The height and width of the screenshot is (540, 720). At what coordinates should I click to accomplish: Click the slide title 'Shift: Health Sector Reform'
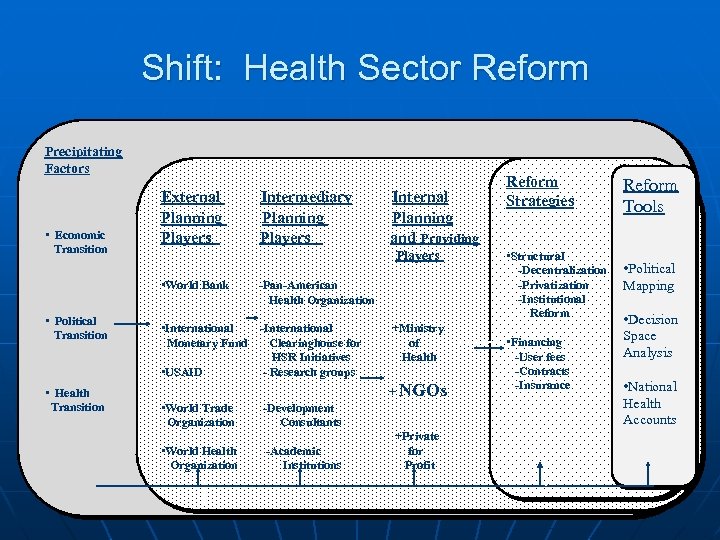click(365, 68)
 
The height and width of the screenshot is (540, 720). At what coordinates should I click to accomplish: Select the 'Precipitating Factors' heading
click(83, 160)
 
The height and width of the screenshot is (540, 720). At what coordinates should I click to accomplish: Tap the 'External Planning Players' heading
click(191, 217)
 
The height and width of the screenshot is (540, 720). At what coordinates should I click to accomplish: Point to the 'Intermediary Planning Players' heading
click(305, 217)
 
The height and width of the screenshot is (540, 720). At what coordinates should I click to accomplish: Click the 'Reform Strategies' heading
click(540, 191)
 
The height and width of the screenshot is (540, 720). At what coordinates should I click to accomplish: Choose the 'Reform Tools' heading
click(650, 196)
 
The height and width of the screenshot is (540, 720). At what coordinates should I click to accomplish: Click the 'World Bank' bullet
click(196, 285)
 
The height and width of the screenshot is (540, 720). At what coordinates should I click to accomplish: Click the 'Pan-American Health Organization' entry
click(317, 292)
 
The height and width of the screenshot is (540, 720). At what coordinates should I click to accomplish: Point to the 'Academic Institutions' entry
click(307, 458)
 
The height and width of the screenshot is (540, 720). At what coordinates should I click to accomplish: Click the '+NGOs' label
click(417, 390)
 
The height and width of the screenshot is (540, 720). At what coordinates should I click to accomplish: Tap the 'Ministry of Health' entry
click(417, 342)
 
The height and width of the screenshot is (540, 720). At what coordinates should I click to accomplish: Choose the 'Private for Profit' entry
click(418, 450)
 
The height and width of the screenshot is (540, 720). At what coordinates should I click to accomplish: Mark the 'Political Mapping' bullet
click(649, 277)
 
